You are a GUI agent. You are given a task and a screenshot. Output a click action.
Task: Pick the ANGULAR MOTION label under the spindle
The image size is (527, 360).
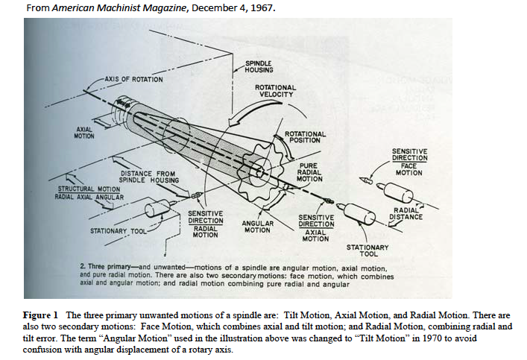click(258, 227)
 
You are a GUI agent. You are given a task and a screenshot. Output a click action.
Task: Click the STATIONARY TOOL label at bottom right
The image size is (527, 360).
click(367, 250)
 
